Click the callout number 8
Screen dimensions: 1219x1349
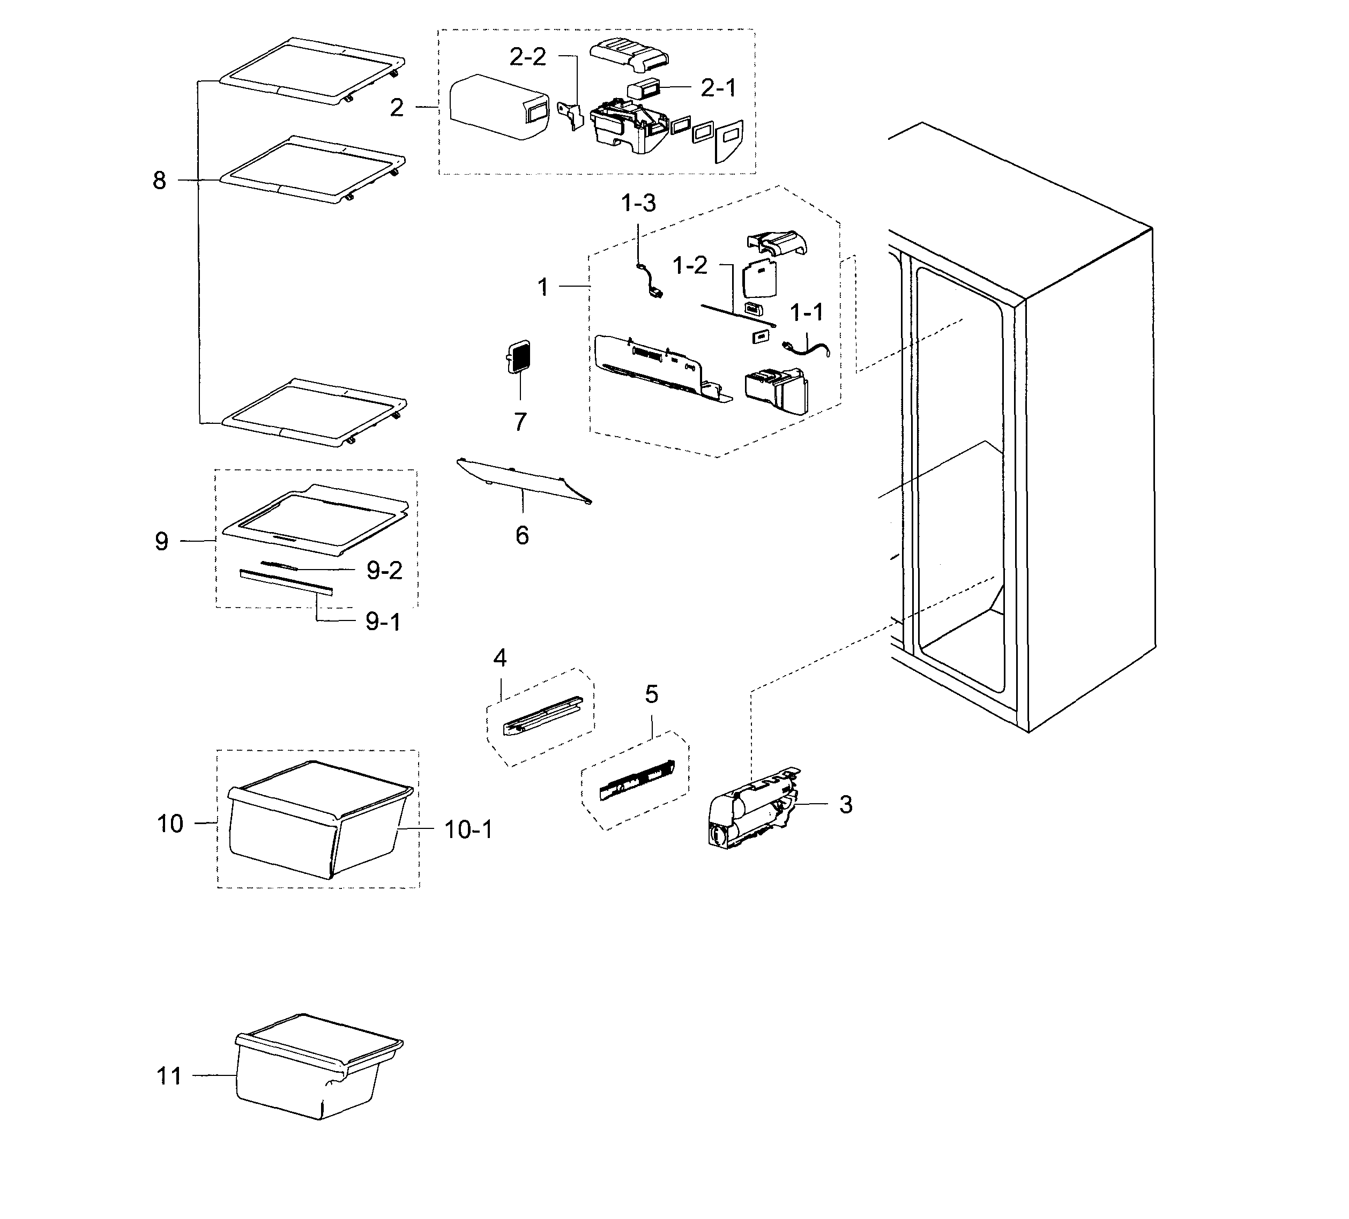[159, 181]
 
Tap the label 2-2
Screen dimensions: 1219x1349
[528, 57]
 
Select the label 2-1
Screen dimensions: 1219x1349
[718, 88]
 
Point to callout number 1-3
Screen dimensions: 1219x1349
[638, 204]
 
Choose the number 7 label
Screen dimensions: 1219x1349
[520, 422]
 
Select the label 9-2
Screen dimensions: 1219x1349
[384, 571]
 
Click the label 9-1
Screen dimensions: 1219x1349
[383, 622]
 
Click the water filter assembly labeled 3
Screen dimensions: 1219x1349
[753, 810]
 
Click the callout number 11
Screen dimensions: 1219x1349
[169, 1076]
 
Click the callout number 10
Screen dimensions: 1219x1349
[170, 824]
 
